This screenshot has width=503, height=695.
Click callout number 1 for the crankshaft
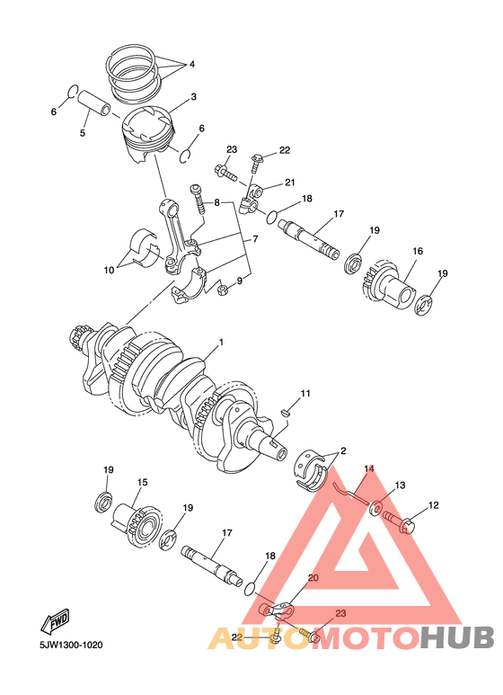pos(220,343)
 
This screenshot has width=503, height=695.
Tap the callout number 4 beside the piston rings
pos(191,65)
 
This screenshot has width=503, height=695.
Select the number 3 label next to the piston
pos(193,96)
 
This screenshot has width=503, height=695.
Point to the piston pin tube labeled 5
pos(94,103)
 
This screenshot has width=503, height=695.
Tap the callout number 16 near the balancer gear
pos(418,252)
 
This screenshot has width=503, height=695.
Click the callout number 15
pos(141,483)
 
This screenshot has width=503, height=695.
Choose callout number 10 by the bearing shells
pos(110,268)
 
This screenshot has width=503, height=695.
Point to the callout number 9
pos(238,281)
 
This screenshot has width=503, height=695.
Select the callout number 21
pos(290,183)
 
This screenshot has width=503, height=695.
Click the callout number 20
pos(313,578)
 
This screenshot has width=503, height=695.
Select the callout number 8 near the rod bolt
pos(216,202)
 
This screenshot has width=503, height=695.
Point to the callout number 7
pos(255,240)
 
